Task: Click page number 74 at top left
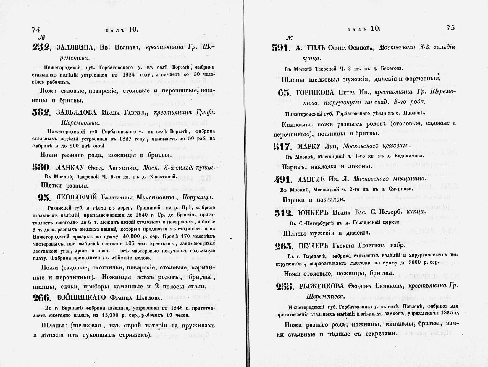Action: (x=36, y=30)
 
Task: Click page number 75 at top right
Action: (x=451, y=28)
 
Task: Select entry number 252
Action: (x=41, y=48)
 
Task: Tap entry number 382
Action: (x=41, y=113)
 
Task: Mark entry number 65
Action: (x=284, y=93)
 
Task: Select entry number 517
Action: (x=283, y=147)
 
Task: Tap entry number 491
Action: (x=283, y=180)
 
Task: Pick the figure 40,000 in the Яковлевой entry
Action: (x=133, y=236)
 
